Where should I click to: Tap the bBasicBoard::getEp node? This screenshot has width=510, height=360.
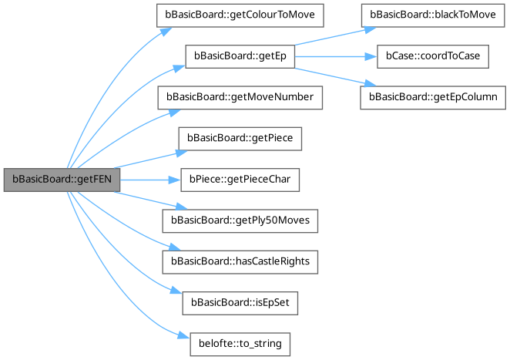(x=239, y=56)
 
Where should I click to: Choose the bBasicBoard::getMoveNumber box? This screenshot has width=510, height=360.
(x=239, y=98)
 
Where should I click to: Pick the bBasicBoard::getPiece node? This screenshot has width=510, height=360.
(x=239, y=139)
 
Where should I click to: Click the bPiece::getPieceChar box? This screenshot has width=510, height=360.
(x=239, y=180)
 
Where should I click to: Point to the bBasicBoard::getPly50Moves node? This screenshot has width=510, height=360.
(x=239, y=221)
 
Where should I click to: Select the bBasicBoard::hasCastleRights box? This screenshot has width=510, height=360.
(x=239, y=262)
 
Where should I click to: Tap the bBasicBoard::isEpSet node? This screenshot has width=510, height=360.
(x=239, y=303)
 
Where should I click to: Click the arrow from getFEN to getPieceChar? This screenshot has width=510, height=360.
(x=150, y=180)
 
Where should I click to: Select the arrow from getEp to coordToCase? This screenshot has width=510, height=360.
(x=331, y=56)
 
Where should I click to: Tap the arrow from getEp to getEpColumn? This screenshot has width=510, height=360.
(x=331, y=72)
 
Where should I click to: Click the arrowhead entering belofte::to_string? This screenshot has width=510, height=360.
(x=183, y=338)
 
